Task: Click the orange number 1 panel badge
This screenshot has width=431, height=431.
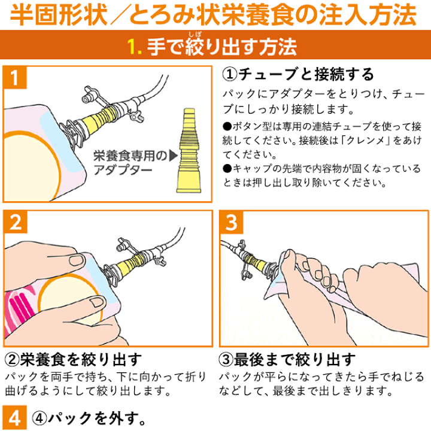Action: [15, 77]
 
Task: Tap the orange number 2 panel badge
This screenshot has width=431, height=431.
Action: [16, 222]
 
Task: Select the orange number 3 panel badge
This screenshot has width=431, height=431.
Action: [232, 222]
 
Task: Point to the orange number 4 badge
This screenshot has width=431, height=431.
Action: [14, 418]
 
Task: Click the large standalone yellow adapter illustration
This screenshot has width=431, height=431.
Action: [189, 151]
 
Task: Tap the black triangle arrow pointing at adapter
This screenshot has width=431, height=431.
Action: [174, 155]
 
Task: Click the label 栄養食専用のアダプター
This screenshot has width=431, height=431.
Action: [130, 163]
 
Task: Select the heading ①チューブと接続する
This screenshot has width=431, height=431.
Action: [298, 74]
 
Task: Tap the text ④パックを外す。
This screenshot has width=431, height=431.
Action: [89, 418]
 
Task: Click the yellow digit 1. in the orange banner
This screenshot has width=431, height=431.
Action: [135, 47]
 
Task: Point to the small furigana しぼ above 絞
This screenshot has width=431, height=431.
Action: [195, 35]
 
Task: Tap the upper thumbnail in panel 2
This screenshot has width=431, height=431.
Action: [77, 260]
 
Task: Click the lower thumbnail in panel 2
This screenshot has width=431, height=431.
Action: [97, 302]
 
